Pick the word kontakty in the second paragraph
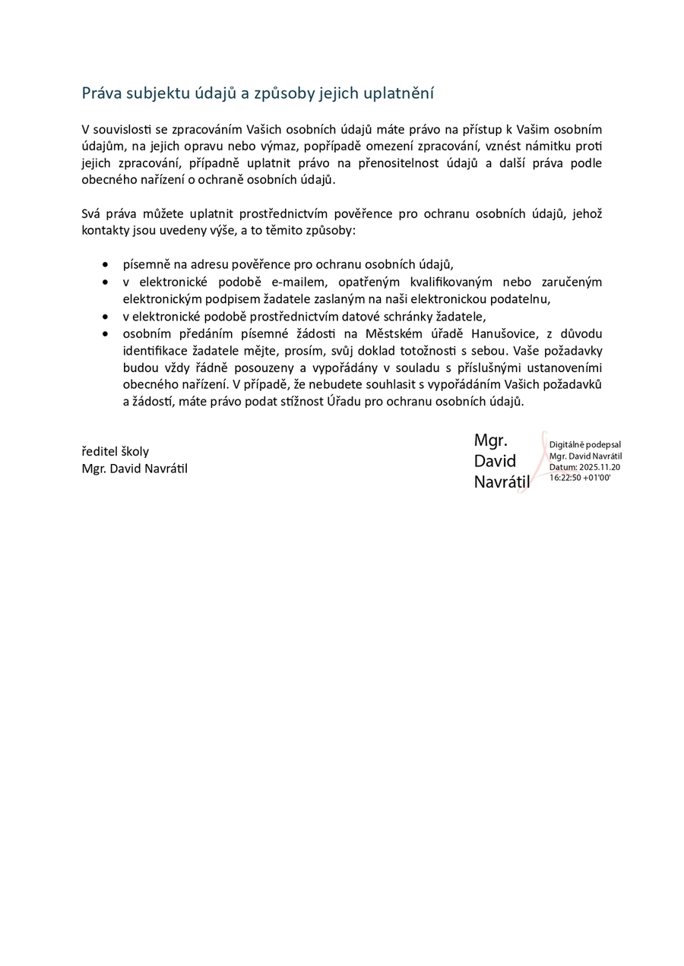(x=103, y=230)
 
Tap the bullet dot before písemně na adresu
(x=104, y=265)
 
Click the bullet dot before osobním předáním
(x=104, y=333)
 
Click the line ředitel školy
(x=116, y=452)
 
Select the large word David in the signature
(x=495, y=461)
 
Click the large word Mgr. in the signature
(x=491, y=440)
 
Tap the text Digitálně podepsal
(x=585, y=444)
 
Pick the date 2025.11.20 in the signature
(x=600, y=467)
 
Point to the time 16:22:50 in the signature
(x=565, y=478)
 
